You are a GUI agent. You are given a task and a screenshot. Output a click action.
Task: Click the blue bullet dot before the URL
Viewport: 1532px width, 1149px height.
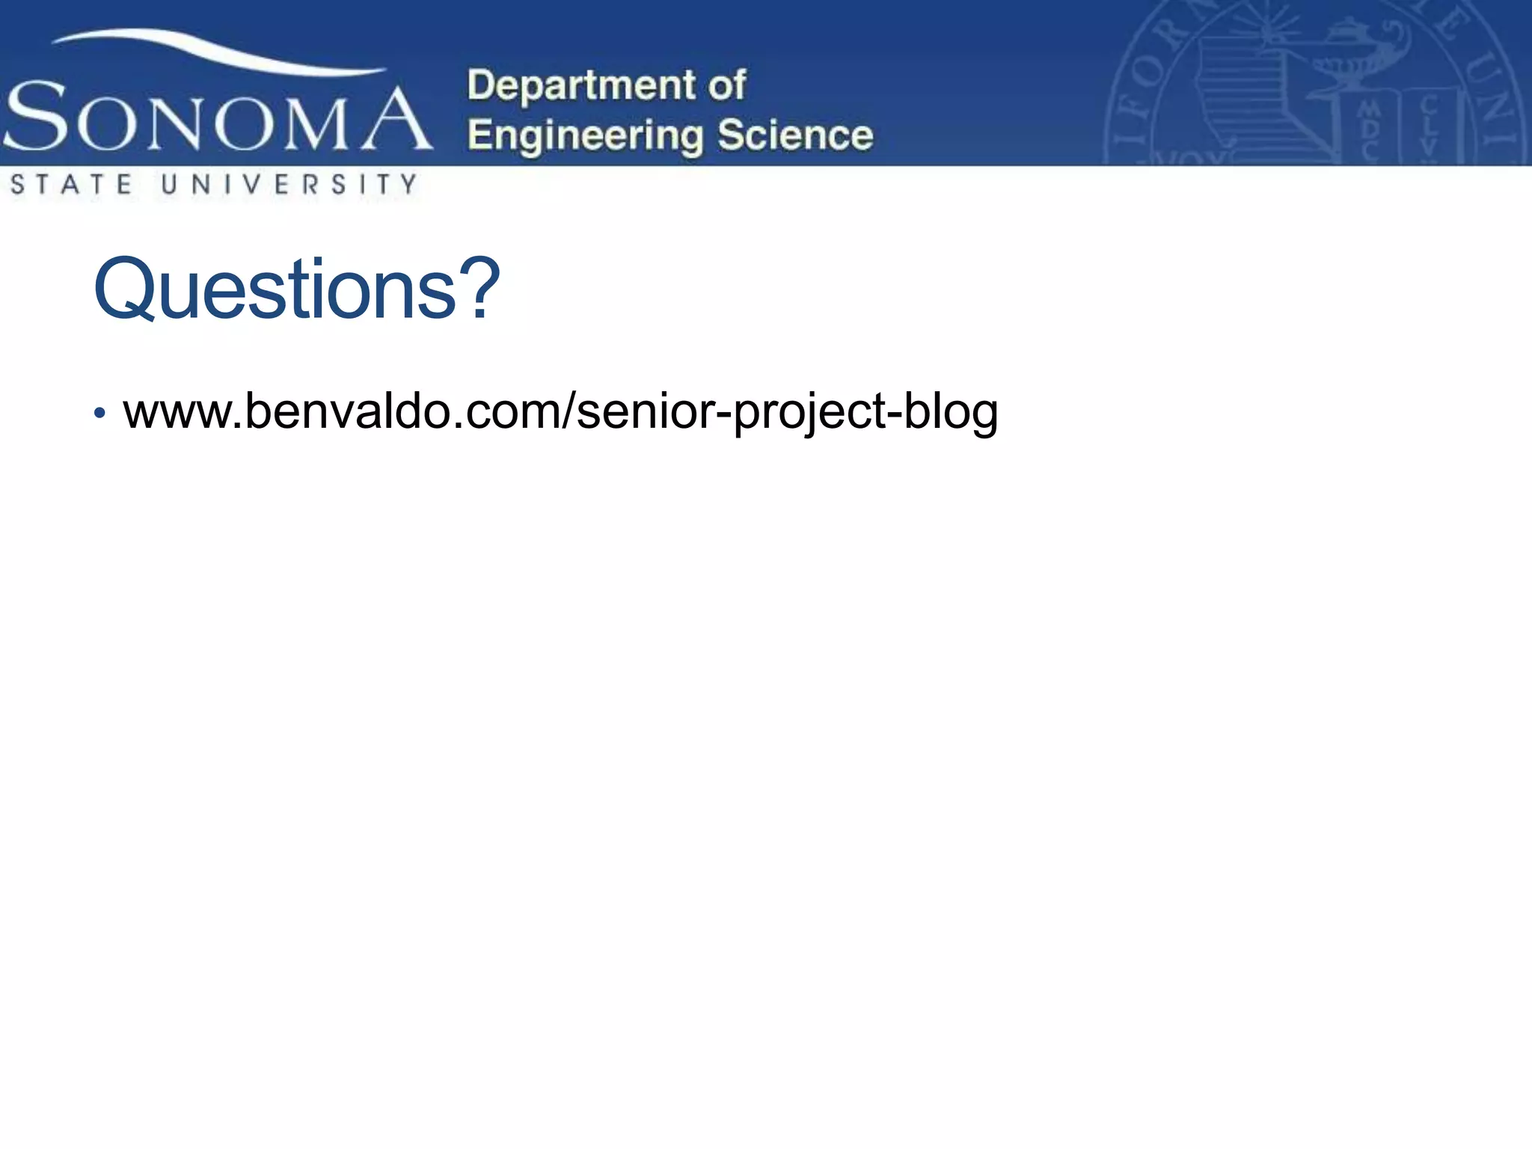99,413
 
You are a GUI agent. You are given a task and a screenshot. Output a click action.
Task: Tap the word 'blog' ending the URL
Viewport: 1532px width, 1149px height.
950,412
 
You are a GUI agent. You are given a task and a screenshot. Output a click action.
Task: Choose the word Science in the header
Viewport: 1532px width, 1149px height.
795,135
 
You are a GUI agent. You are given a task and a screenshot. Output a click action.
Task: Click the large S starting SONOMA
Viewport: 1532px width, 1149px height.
36,117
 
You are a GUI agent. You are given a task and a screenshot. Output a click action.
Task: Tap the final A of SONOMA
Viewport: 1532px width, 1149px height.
396,120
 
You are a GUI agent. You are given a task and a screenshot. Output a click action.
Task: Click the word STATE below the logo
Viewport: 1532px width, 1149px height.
72,184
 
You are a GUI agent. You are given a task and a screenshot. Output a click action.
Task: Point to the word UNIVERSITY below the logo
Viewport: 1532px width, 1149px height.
289,184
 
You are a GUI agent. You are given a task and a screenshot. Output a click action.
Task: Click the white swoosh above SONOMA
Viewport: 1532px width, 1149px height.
217,52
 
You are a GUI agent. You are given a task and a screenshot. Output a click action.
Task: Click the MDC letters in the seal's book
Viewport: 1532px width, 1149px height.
1369,130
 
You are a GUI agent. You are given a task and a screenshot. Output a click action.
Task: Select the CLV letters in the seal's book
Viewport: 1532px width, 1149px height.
1429,127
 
